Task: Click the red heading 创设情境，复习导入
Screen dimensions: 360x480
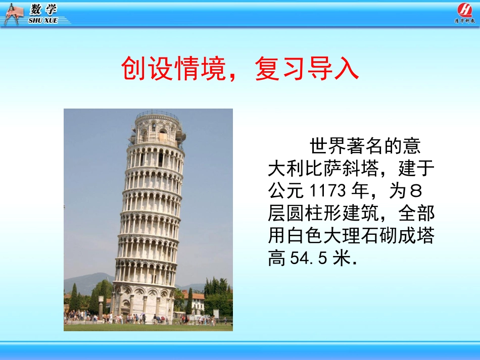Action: [240, 70]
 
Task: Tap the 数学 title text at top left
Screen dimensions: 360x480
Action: [43, 10]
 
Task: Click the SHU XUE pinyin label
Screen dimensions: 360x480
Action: [43, 21]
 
